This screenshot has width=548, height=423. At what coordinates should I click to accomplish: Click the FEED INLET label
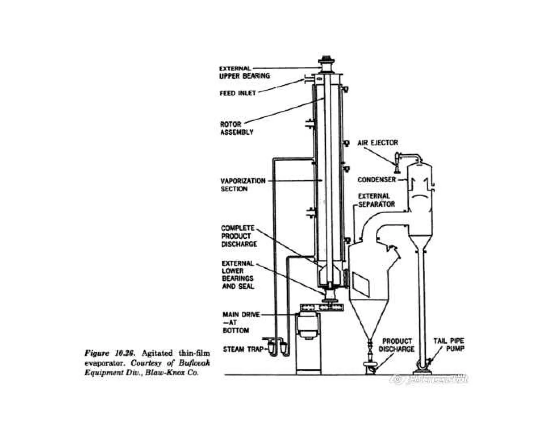[x=238, y=93]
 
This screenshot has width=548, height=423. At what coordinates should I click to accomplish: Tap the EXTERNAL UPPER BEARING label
[x=244, y=72]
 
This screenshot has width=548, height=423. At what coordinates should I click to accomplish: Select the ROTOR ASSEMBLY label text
[x=236, y=128]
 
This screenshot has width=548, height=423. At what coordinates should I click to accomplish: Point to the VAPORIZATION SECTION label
[x=243, y=185]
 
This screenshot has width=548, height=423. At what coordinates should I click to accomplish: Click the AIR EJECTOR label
[x=378, y=143]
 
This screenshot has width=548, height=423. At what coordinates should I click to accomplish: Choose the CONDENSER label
[x=376, y=179]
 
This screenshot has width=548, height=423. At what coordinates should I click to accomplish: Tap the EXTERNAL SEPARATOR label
[x=376, y=200]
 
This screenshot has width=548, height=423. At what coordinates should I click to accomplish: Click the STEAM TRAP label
[x=243, y=349]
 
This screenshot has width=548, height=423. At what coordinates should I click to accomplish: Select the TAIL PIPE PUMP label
[x=449, y=345]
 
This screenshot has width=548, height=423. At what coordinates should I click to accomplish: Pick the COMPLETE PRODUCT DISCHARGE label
[x=238, y=236]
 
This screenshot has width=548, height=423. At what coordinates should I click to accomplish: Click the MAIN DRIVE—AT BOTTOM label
[x=241, y=322]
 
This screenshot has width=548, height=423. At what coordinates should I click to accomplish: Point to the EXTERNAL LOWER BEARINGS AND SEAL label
[x=238, y=275]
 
